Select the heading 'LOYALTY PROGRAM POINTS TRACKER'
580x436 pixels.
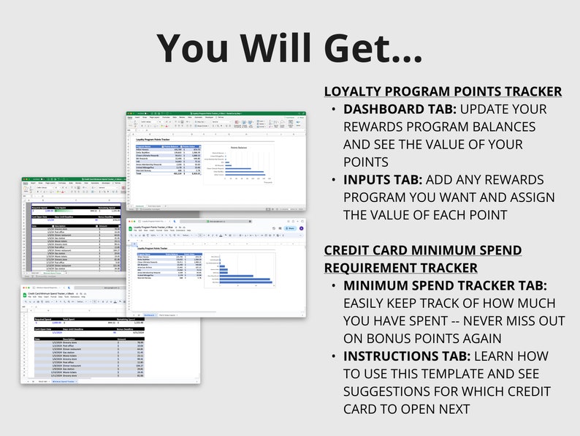click(443, 91)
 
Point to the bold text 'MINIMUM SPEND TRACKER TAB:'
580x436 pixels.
click(445, 285)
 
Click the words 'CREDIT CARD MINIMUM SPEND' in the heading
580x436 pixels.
click(423, 250)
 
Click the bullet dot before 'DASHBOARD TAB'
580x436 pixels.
click(334, 110)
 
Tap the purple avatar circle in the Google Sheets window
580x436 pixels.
click(301, 228)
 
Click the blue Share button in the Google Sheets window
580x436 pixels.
click(291, 228)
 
